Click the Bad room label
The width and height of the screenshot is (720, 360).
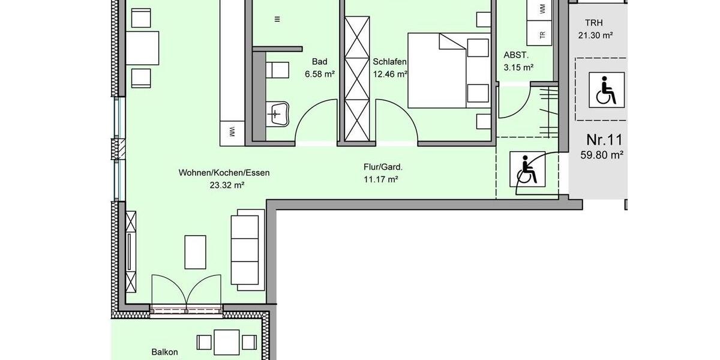point(320,62)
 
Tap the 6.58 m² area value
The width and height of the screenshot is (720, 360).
point(320,74)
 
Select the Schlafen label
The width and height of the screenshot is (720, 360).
point(390,62)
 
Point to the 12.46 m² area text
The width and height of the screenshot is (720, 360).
point(390,74)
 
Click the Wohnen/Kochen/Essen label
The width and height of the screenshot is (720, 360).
point(224,173)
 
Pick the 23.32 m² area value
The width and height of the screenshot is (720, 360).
point(224,185)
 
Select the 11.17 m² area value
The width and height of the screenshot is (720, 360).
point(383,179)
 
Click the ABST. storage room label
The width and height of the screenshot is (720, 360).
point(516,55)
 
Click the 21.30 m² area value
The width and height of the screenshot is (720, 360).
point(595,35)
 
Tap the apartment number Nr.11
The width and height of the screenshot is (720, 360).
point(604,140)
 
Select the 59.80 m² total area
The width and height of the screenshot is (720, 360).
point(602,154)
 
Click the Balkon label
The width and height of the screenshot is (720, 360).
point(164,352)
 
